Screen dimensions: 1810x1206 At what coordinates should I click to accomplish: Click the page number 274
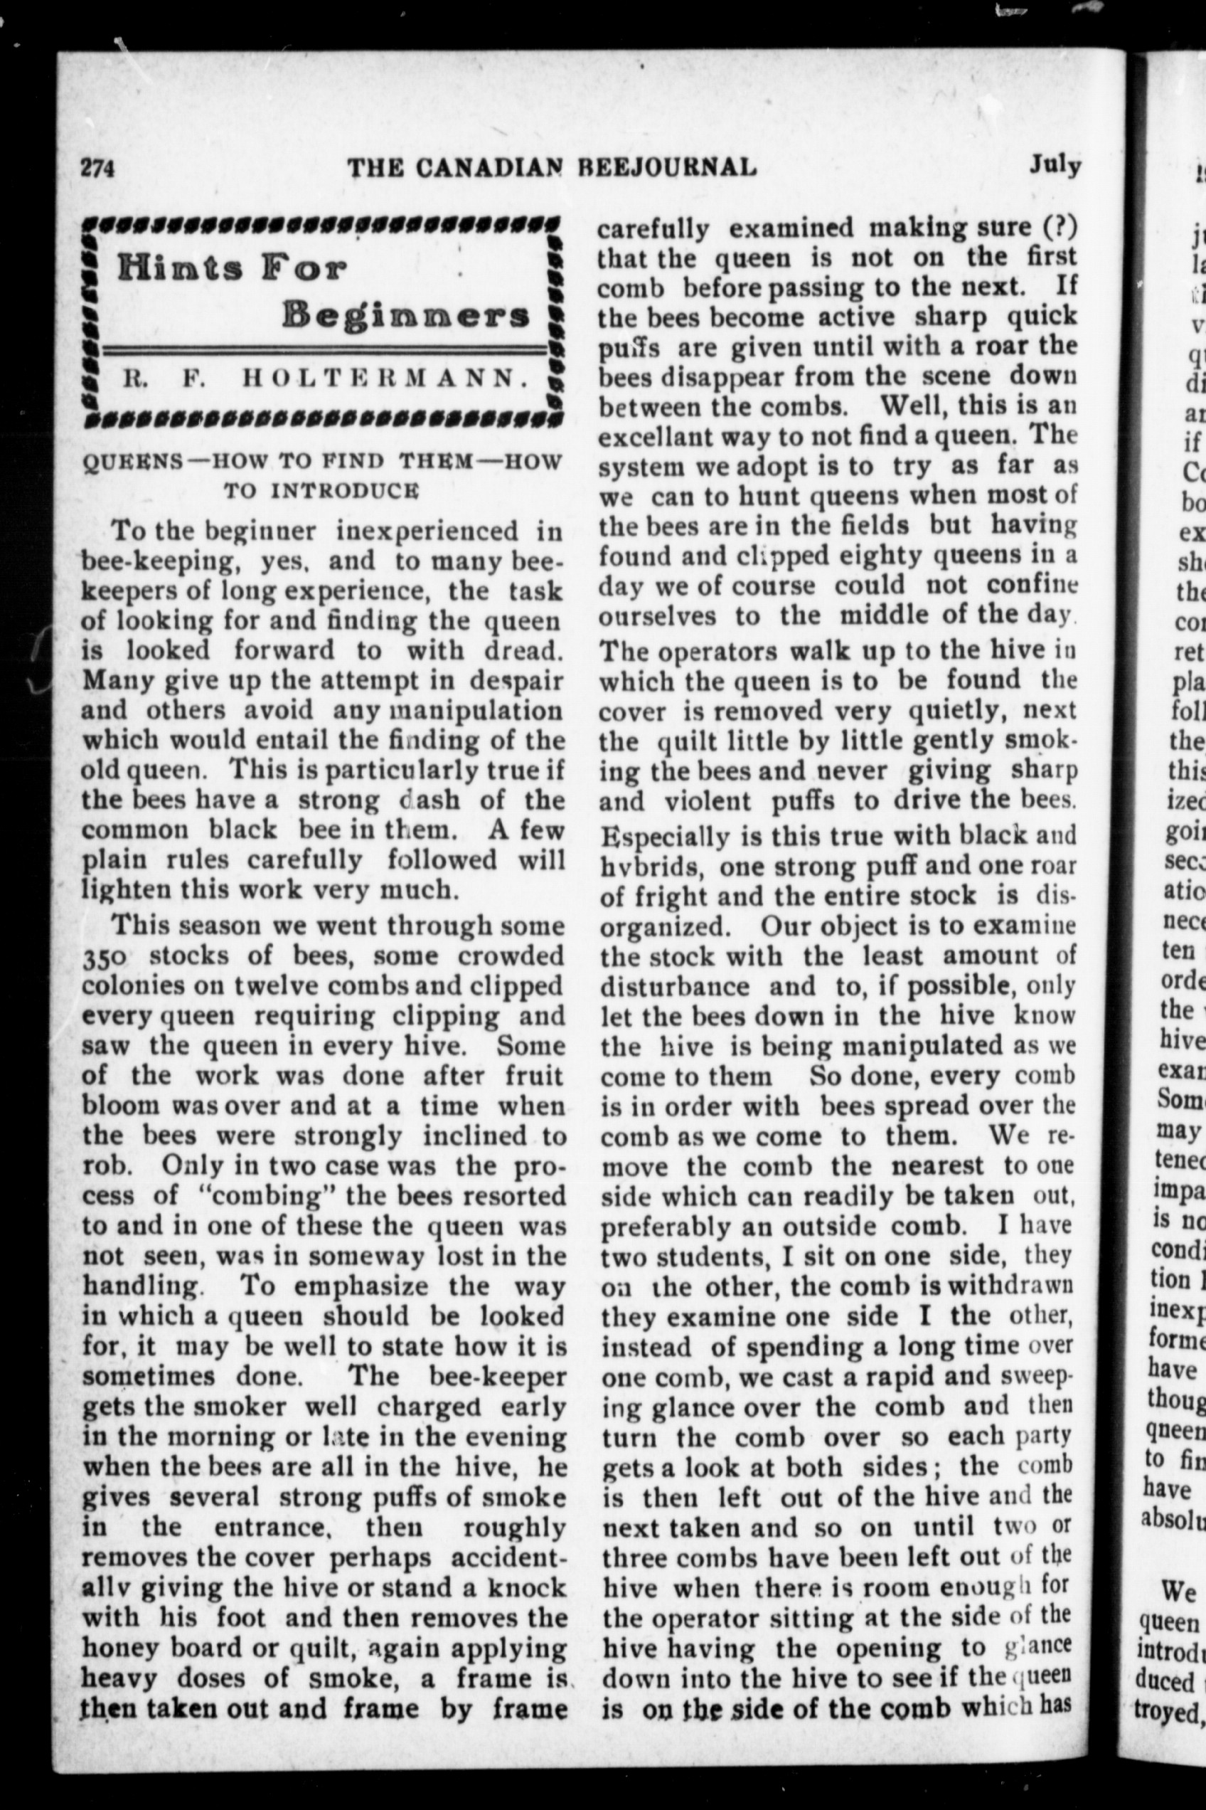tap(97, 168)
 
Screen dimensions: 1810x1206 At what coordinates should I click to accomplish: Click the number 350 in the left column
tap(105, 958)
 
